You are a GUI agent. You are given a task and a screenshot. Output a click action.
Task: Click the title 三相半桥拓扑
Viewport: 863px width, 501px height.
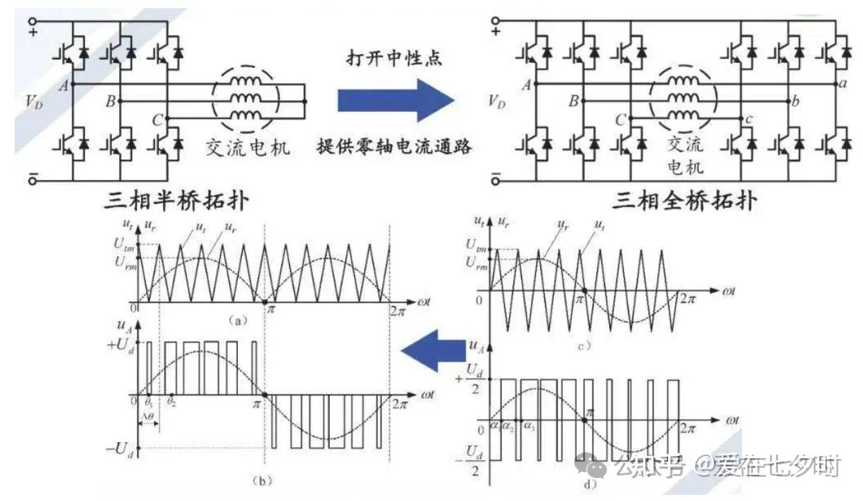tap(176, 201)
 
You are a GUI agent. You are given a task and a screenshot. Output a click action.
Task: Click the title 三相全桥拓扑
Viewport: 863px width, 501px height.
tap(685, 201)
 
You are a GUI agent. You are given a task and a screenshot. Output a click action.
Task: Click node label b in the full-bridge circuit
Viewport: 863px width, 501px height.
tap(796, 102)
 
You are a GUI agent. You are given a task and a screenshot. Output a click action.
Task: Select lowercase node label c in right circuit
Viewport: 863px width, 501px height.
tap(750, 120)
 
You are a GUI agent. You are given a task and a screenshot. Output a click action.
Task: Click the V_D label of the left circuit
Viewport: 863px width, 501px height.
tap(33, 102)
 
